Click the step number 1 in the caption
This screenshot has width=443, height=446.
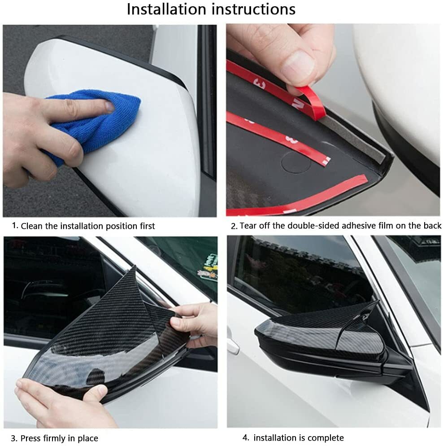click(x=15, y=226)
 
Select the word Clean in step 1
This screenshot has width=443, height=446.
click(x=33, y=226)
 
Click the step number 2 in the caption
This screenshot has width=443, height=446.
click(x=234, y=226)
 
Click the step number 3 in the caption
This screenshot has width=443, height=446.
click(x=14, y=438)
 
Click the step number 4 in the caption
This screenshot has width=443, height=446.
click(x=245, y=437)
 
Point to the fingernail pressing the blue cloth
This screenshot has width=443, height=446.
click(x=109, y=107)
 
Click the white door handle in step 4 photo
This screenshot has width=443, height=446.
click(x=232, y=345)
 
